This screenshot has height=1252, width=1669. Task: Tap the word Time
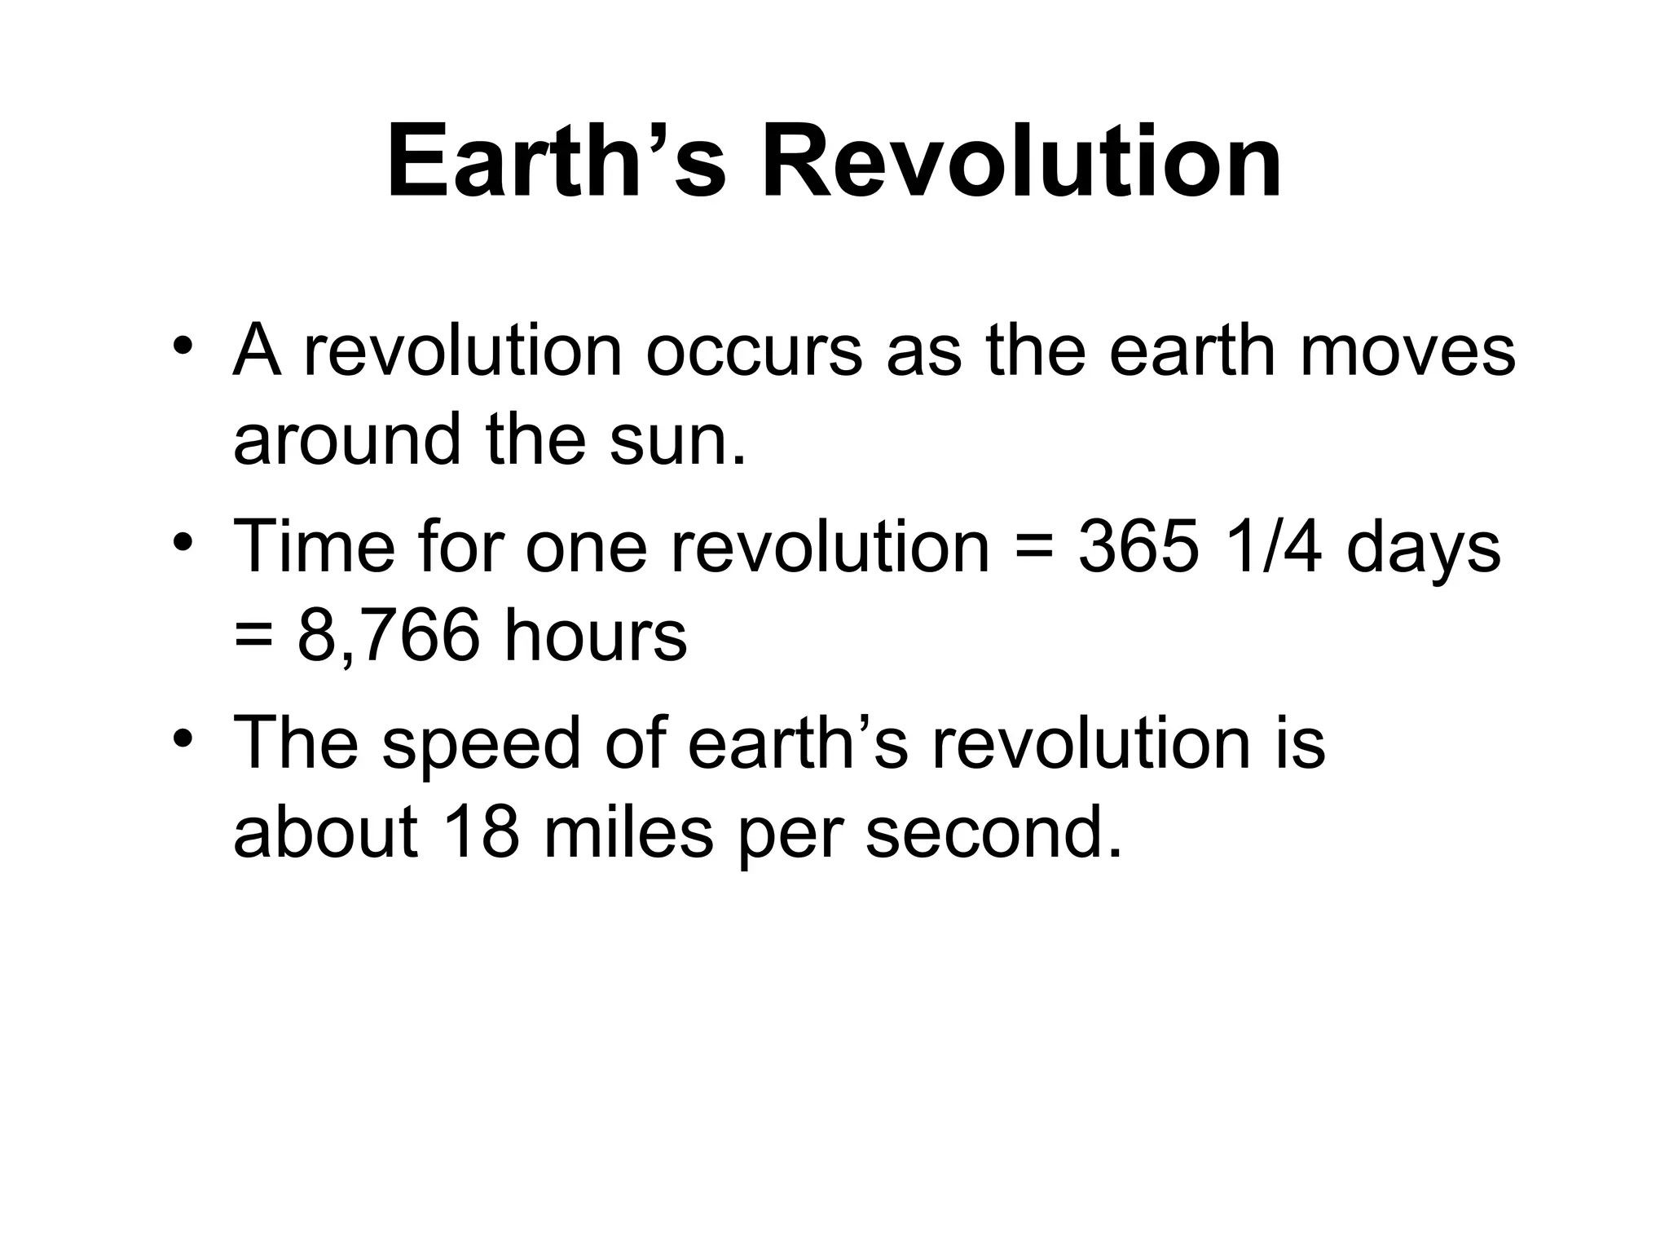coord(314,547)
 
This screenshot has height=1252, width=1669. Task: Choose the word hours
coord(595,637)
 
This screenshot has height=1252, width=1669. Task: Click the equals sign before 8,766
coord(254,637)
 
